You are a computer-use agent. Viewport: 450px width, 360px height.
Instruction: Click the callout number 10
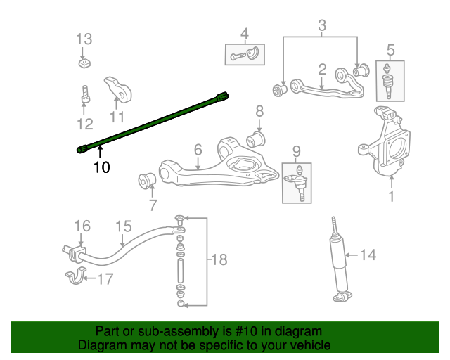(x=102, y=167)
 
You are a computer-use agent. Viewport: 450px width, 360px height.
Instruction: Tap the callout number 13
(x=84, y=38)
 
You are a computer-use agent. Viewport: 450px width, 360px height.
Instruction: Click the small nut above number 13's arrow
(x=84, y=64)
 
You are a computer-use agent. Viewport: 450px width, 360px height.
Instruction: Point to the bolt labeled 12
(x=84, y=94)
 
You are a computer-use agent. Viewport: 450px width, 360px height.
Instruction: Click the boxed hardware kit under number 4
(x=245, y=53)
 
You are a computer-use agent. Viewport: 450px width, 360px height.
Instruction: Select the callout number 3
(x=322, y=27)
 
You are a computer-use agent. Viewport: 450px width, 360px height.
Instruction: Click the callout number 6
(x=198, y=149)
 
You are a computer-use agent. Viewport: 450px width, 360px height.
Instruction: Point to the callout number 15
(x=124, y=226)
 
